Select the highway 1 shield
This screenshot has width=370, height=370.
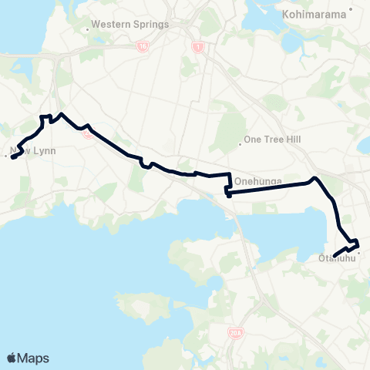click(x=196, y=45)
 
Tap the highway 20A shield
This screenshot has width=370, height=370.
click(x=236, y=333)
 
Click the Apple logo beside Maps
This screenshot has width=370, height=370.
click(x=12, y=358)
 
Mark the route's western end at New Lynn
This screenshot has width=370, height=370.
click(x=13, y=159)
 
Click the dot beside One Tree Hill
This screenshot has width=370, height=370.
click(x=240, y=140)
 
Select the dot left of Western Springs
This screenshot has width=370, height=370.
click(x=87, y=24)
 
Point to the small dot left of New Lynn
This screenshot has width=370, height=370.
click(x=5, y=156)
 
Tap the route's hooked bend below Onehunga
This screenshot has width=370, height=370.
click(x=228, y=193)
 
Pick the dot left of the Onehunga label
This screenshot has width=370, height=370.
click(x=230, y=181)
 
